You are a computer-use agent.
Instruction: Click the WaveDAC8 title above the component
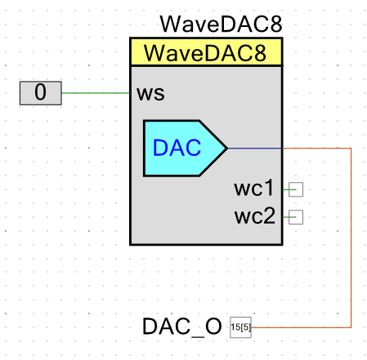(x=221, y=24)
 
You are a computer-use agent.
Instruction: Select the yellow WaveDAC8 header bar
(x=206, y=52)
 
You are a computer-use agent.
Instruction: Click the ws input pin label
(x=150, y=93)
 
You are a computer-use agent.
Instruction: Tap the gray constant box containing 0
(x=41, y=93)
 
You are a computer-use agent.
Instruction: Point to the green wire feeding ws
(x=96, y=93)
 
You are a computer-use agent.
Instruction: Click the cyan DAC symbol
(x=186, y=149)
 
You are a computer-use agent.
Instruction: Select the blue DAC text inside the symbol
(x=177, y=148)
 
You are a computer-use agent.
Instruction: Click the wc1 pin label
(x=253, y=188)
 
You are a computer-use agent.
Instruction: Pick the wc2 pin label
(x=255, y=216)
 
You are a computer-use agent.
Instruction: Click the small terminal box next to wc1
(x=296, y=189)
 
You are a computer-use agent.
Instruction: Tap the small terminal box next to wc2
(x=296, y=217)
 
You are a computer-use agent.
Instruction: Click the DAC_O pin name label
(x=182, y=327)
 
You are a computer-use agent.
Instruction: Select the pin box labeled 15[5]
(x=240, y=327)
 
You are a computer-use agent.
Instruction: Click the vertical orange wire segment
(x=351, y=238)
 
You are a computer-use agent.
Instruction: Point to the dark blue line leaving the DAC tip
(x=254, y=149)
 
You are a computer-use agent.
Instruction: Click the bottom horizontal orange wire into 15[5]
(x=301, y=327)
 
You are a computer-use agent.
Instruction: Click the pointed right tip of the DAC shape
(x=227, y=149)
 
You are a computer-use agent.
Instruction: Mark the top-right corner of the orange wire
(x=351, y=149)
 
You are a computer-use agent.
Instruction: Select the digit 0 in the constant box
(x=40, y=92)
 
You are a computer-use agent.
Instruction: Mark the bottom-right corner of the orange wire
(x=351, y=327)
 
